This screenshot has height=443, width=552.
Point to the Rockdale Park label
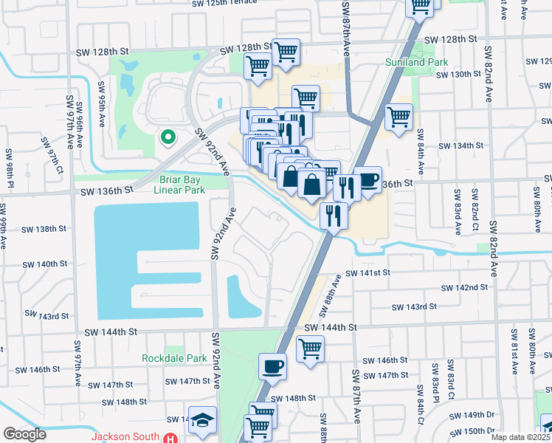(173, 358)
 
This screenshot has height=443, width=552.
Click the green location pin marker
(168, 137)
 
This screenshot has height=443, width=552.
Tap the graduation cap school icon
(202, 419)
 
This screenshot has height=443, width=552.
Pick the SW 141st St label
(385, 272)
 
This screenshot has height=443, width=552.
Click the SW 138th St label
(43, 229)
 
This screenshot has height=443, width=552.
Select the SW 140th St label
(45, 264)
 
